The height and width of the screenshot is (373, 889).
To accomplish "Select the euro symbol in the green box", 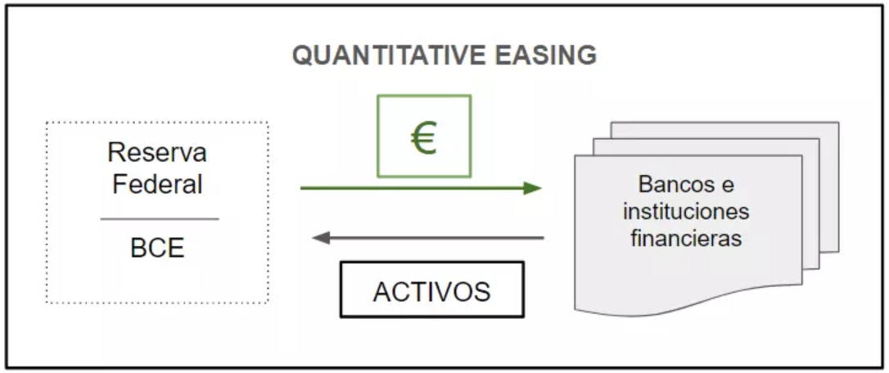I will coord(423,138).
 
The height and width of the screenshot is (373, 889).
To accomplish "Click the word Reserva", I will coord(157,153).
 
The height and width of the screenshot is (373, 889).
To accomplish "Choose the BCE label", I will coord(157,248).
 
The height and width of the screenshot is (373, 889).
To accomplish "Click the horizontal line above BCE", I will coord(159,219).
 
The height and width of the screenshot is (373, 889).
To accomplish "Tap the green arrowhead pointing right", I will coord(534,189).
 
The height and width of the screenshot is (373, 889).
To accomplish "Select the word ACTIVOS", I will coord(431,291).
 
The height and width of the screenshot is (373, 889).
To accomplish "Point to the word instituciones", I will coord(686,211).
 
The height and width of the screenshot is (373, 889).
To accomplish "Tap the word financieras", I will coord(686,239).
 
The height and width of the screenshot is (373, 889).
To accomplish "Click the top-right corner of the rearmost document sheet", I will coord(838,123).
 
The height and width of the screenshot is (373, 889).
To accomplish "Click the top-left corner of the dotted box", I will coord(47,124).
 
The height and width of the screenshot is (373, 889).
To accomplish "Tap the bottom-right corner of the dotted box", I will coord(268,303).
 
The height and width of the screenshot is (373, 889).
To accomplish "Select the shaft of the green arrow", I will coord(409,189).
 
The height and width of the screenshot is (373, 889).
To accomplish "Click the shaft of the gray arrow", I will coord(434,238).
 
